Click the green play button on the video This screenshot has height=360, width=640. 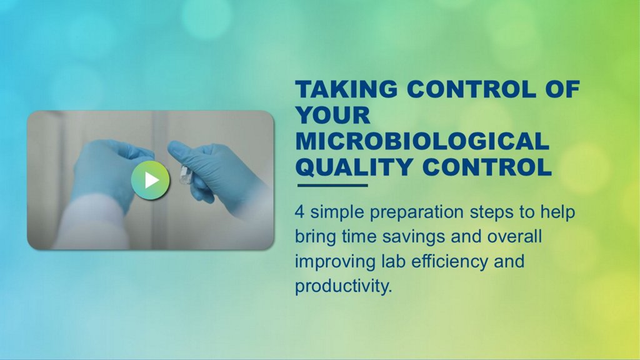point(150,180)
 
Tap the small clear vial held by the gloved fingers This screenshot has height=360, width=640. point(186,175)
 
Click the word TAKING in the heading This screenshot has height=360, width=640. point(346,89)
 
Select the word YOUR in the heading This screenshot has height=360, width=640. point(332,115)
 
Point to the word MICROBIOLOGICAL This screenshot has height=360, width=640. point(422,141)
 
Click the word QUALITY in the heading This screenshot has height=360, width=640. point(354,167)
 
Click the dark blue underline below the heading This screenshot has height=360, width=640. point(332,185)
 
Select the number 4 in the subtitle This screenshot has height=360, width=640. point(299,212)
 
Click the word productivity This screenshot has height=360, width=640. point(343,286)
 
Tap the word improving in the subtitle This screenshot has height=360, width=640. point(335,262)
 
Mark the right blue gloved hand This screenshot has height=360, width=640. point(216,171)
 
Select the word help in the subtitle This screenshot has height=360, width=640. point(557,213)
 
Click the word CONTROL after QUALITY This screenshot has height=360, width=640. point(487,167)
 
